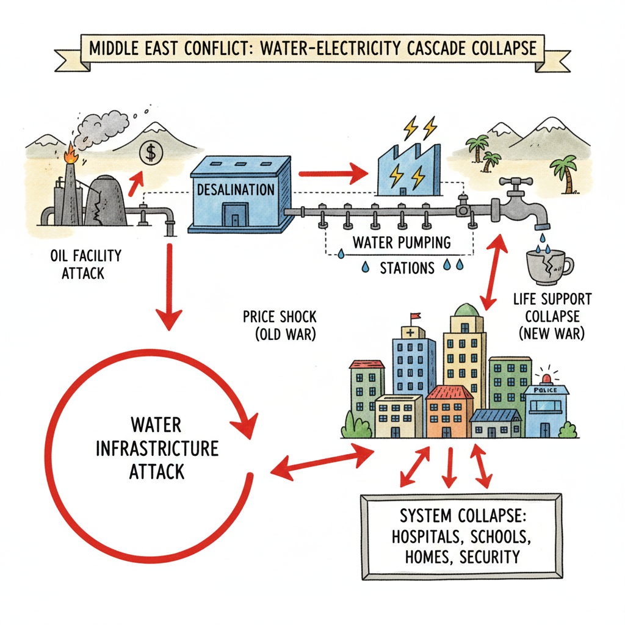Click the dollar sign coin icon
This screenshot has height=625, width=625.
point(150,151)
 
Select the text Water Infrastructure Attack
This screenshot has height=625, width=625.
point(157,448)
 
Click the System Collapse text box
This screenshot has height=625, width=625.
point(460,536)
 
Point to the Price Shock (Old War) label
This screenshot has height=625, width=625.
point(280,325)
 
